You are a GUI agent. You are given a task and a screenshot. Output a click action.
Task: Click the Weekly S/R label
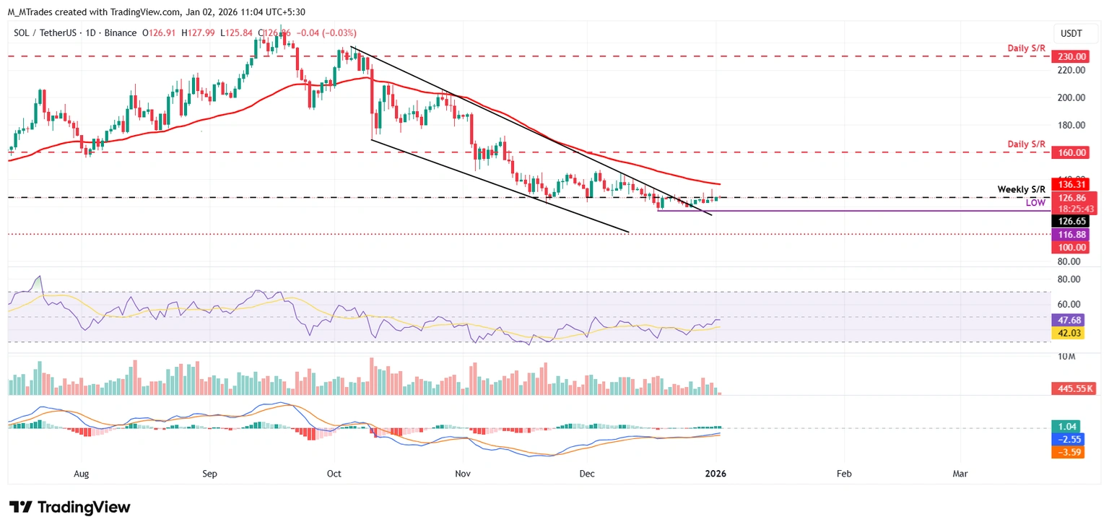(1021, 189)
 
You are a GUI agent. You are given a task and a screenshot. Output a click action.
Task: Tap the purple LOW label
(1035, 204)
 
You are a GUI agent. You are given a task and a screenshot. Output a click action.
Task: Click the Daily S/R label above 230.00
(1027, 48)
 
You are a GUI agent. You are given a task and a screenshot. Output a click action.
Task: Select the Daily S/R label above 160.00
(1027, 144)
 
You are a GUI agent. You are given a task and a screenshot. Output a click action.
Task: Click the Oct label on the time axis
(334, 474)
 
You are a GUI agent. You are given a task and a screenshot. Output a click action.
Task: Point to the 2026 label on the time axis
(716, 474)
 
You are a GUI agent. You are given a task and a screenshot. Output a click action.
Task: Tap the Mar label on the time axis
(960, 474)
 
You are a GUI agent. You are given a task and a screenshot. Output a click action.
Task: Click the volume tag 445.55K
(1072, 388)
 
